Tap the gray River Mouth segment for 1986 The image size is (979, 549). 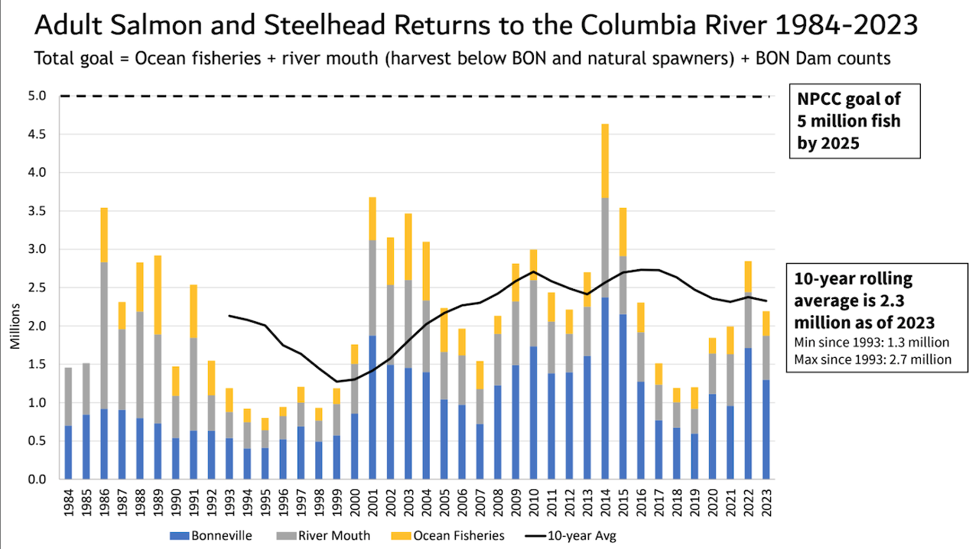103,336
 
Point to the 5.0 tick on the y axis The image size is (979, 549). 38,96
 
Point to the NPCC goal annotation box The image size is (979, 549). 854,121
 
